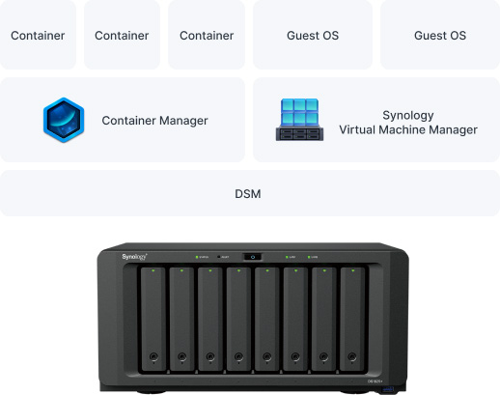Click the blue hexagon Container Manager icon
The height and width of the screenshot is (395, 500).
point(64,120)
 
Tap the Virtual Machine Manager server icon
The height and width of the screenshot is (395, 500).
point(299,120)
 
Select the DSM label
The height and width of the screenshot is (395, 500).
point(248,194)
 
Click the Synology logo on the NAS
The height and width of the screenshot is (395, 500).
point(134,257)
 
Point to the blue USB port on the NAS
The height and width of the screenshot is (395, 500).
point(387,390)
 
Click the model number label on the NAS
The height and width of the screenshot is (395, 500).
point(375,381)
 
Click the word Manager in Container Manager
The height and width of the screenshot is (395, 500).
point(183,121)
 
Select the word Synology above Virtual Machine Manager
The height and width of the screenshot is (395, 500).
point(408,115)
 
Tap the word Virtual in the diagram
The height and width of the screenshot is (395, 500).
point(357,129)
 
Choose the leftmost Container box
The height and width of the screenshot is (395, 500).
point(38,35)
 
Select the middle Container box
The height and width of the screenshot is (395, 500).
point(122,35)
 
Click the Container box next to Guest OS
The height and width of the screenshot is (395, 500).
point(207,35)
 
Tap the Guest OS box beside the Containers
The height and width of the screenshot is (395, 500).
point(313,35)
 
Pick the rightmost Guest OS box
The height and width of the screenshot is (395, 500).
point(440,35)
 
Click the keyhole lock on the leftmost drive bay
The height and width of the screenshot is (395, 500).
point(153,356)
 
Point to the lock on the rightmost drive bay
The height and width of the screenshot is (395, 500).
point(352,356)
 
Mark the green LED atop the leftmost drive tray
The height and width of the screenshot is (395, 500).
point(153,270)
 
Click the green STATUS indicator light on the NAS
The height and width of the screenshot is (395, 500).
point(197,257)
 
